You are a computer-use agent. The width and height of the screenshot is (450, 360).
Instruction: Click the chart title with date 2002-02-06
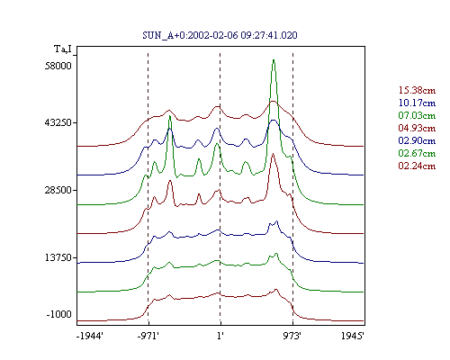pos(220,35)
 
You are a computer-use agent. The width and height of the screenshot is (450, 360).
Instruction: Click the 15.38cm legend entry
pos(417,90)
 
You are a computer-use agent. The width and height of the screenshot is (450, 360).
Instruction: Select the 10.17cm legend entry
pos(417,103)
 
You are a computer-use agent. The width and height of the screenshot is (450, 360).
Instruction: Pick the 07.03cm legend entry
pos(417,115)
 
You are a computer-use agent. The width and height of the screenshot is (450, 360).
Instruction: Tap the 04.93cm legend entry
pos(417,128)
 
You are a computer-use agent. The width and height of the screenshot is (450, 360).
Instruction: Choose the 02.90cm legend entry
pos(417,140)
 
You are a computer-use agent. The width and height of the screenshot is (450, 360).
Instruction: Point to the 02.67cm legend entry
pos(417,153)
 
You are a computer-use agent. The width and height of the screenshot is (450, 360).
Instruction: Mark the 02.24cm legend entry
pos(417,166)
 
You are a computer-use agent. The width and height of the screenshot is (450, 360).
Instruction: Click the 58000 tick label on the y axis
pos(58,66)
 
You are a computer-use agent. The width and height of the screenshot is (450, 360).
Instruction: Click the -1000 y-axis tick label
pos(58,314)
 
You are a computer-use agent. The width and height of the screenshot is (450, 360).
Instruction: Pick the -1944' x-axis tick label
pos(90,336)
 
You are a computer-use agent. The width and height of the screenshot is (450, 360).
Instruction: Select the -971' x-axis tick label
pos(148,336)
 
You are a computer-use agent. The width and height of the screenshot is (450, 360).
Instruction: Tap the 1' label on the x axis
pos(220,336)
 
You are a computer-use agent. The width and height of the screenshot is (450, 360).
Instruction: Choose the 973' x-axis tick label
pos(292,336)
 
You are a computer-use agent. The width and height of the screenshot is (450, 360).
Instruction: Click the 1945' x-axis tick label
pos(353,336)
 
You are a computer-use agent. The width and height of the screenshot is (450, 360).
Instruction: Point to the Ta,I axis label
pos(63,49)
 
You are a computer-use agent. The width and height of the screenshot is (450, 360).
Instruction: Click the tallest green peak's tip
pos(274,60)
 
